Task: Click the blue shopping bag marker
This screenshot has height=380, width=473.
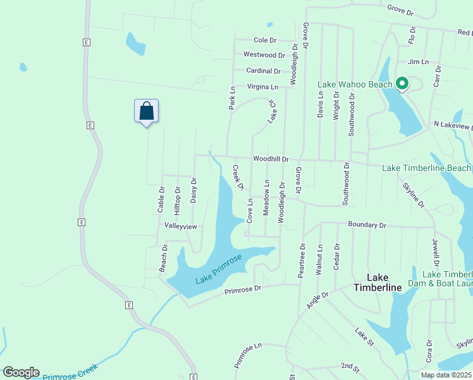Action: [146, 111]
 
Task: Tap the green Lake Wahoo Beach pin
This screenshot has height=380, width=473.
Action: [401, 83]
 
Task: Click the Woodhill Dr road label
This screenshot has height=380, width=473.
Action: [271, 159]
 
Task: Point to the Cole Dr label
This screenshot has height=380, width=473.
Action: [265, 40]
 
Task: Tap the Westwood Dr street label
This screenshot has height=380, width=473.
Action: [264, 55]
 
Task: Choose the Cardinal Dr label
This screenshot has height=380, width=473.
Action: [264, 71]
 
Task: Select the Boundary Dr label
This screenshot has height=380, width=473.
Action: [367, 225]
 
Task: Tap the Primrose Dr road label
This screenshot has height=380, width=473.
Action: [243, 289]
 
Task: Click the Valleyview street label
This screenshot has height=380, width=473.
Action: [181, 226]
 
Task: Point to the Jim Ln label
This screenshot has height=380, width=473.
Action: [418, 61]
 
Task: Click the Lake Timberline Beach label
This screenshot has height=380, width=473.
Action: [426, 168]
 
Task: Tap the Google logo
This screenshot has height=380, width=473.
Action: [21, 372]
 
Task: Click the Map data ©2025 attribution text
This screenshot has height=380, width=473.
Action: [446, 375]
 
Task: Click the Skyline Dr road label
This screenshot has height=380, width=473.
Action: [414, 196]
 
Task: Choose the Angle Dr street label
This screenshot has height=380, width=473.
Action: [317, 300]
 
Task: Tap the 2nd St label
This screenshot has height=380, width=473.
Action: [349, 366]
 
